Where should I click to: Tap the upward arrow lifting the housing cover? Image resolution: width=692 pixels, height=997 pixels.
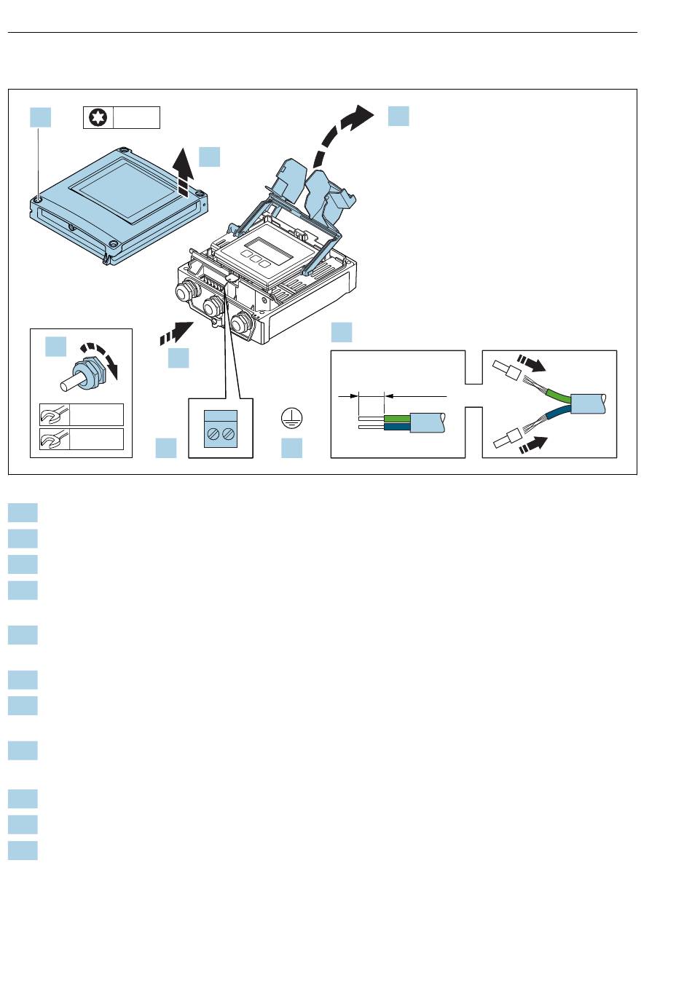tap(186, 172)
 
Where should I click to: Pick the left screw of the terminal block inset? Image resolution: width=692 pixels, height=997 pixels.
tap(214, 435)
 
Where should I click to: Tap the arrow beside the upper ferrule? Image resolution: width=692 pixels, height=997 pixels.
tap(530, 364)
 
